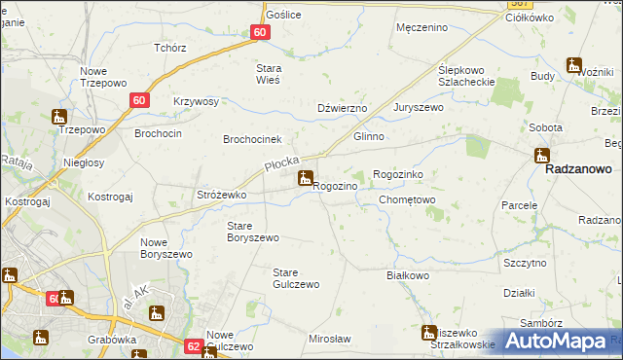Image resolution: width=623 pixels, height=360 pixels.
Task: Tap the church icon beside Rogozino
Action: click(x=306, y=178)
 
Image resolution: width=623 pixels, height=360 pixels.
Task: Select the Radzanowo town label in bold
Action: click(x=578, y=168)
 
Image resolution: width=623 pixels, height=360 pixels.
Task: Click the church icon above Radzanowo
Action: click(x=542, y=155)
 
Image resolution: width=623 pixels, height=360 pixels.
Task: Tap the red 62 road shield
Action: click(x=193, y=345)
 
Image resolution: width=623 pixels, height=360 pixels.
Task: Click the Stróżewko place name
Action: click(x=222, y=196)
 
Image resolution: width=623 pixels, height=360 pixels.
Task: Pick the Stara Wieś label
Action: click(x=268, y=74)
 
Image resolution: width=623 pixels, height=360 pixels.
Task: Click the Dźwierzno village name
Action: click(x=342, y=108)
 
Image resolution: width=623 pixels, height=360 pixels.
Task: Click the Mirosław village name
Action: click(x=329, y=339)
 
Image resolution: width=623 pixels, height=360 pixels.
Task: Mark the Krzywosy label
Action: click(x=196, y=101)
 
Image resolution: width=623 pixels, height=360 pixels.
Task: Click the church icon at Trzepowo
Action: click(x=58, y=116)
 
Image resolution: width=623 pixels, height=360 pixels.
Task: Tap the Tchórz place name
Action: click(x=169, y=48)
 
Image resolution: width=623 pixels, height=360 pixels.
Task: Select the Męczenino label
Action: click(x=421, y=27)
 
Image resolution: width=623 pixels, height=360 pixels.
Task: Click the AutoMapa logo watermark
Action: click(x=556, y=341)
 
